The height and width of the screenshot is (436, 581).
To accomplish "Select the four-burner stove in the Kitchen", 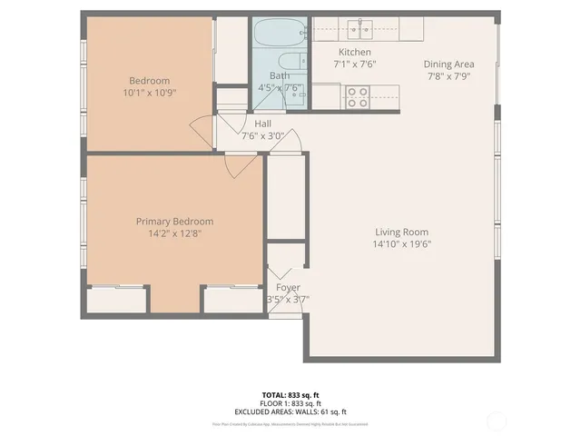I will click(357, 96).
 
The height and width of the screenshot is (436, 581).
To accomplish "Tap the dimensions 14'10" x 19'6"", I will click(400, 244).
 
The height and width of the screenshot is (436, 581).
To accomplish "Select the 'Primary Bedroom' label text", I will click(174, 222).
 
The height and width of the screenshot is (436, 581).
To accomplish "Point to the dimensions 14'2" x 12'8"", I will click(174, 233).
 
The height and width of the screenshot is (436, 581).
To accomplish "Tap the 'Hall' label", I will click(263, 124).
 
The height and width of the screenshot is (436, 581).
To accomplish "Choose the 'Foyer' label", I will click(288, 288).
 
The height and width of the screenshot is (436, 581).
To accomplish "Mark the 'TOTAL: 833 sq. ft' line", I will click(290, 394).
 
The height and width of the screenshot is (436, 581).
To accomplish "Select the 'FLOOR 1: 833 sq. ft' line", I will click(290, 402).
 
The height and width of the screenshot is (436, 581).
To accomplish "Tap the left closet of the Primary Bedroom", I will click(119, 299).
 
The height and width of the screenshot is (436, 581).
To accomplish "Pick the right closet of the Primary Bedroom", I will click(233, 299).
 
